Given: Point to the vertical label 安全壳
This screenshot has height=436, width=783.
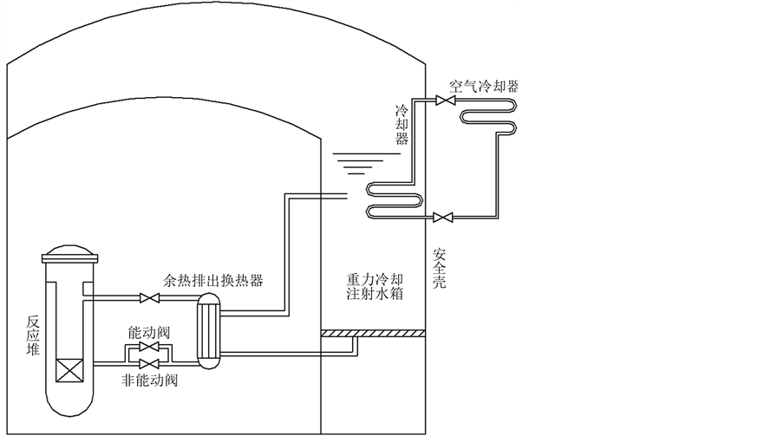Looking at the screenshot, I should tap(439, 268).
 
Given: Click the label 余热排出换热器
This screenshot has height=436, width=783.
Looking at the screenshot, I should tap(212, 281).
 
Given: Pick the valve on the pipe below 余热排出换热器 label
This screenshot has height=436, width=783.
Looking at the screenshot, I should tap(150, 299).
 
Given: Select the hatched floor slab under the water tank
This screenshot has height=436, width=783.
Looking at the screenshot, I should tap(373, 332).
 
